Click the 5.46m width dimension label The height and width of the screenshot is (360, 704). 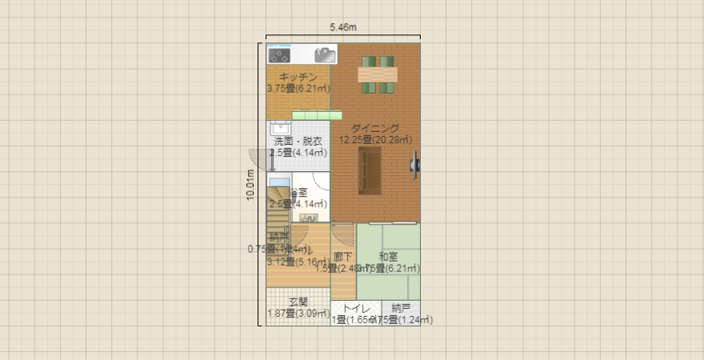[x=343, y=27]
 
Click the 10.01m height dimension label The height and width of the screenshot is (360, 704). [x=250, y=185]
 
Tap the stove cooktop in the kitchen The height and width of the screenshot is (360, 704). [x=279, y=55]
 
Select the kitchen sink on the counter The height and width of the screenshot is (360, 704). [x=325, y=54]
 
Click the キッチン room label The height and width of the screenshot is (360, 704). [x=298, y=77]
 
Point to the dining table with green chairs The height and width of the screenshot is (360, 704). [x=377, y=74]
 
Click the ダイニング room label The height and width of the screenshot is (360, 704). [x=374, y=128]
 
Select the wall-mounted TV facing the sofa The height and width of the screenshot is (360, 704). [x=415, y=164]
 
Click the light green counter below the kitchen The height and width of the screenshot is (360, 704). [x=310, y=116]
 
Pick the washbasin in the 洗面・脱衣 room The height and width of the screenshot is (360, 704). [x=280, y=128]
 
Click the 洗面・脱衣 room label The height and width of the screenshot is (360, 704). [x=297, y=142]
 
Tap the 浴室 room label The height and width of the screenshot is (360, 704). [x=299, y=193]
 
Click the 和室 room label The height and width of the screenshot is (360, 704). [x=389, y=257]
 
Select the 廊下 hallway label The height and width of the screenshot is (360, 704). [x=343, y=257]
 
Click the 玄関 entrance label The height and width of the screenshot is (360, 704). [x=298, y=302]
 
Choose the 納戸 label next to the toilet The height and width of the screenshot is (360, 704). [x=401, y=308]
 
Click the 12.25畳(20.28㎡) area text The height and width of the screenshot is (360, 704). [x=374, y=139]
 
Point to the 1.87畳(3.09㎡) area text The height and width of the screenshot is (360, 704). [x=298, y=314]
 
